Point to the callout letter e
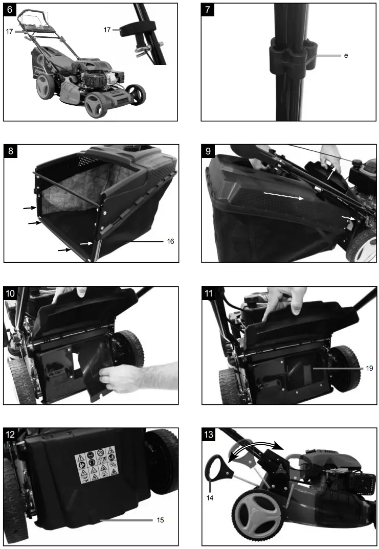346,55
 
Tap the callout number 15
160,520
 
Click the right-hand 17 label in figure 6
107,31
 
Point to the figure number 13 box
209,435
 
